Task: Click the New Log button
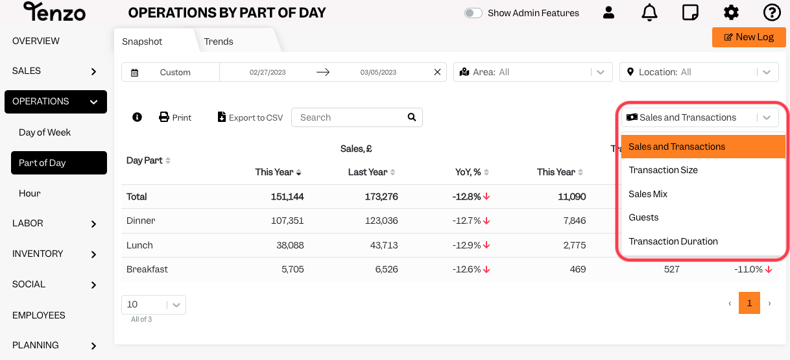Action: point(748,37)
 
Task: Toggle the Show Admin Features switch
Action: point(473,13)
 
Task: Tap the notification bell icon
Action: point(649,13)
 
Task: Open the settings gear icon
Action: point(731,13)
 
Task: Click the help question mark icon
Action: point(772,13)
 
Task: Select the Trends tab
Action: point(219,42)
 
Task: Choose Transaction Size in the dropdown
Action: point(663,170)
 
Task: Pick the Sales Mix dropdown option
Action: point(648,194)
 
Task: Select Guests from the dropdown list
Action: point(643,217)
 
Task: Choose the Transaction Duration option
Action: point(673,241)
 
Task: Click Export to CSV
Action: point(250,117)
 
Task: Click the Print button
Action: point(175,117)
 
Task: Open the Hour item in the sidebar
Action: point(30,193)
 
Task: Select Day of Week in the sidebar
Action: point(45,132)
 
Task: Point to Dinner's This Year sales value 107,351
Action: point(287,221)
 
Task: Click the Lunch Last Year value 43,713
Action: point(384,245)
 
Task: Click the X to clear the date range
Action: point(437,72)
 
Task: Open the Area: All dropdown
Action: point(533,72)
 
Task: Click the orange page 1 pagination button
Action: point(749,303)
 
